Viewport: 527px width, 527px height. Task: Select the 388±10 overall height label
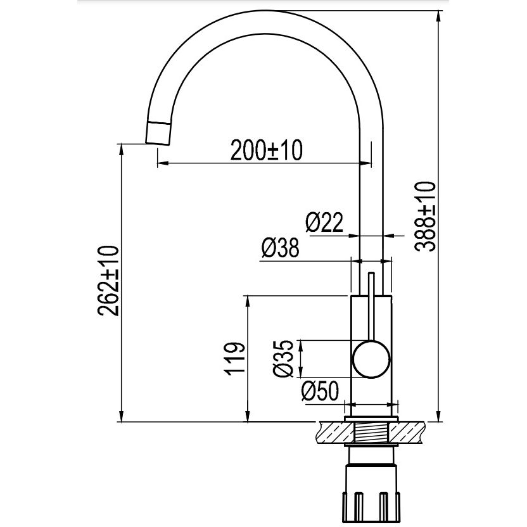pos(425,217)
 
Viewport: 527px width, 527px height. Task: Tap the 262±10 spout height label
pos(108,281)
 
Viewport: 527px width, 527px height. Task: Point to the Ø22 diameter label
pos(324,222)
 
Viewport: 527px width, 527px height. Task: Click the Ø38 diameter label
pos(280,248)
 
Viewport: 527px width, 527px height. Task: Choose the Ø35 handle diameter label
pos(283,359)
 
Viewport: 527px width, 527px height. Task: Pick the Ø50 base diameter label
pos(321,391)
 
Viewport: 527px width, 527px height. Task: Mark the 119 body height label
pos(234,359)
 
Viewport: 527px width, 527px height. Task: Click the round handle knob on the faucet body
pos(371,359)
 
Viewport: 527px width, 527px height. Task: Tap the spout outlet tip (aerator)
pos(158,133)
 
